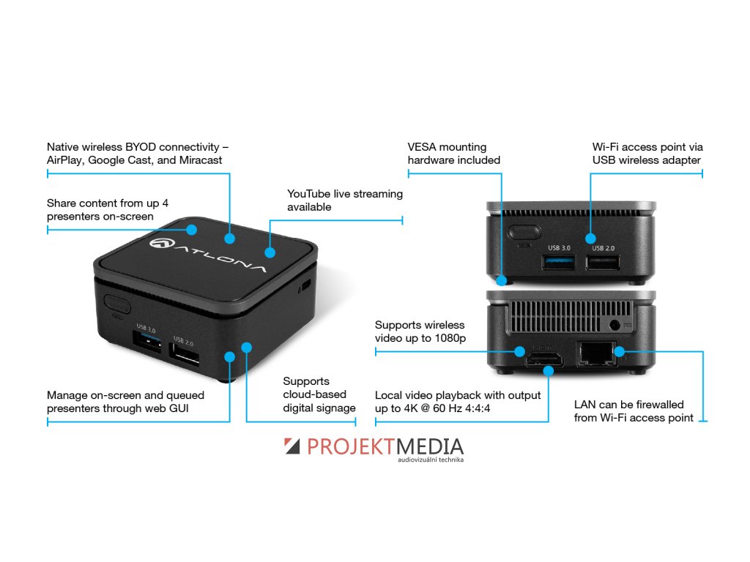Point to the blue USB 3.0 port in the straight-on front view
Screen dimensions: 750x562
[x=557, y=263]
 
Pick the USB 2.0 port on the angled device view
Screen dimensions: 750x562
[x=187, y=354]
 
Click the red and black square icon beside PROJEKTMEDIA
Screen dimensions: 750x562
[x=292, y=447]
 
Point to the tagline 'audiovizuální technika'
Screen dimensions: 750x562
[x=431, y=460]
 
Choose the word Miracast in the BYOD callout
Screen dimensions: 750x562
[x=201, y=160]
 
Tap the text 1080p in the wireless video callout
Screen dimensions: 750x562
[x=449, y=338]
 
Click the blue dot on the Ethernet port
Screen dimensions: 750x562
[x=618, y=351]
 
